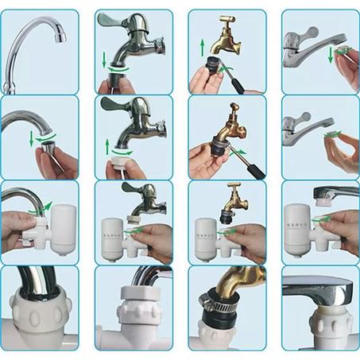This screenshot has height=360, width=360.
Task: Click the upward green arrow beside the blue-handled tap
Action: tap(106, 145)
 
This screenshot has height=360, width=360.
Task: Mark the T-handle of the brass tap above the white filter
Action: tap(235, 188)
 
